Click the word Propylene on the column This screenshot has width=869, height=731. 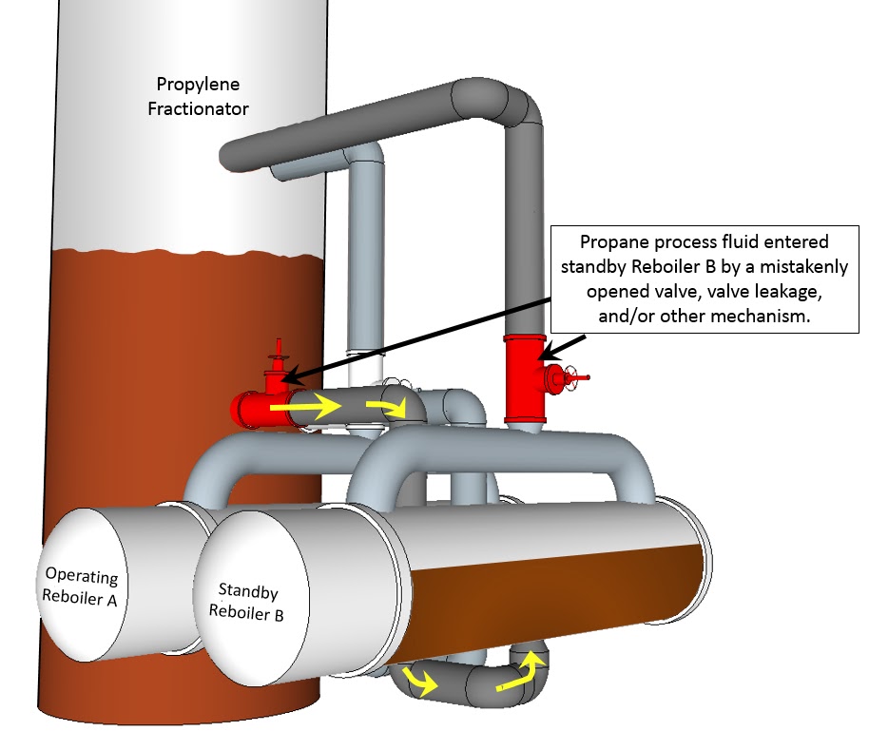coord(197,85)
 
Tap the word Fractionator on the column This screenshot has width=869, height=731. coord(197,108)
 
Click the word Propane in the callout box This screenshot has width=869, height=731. coord(617,242)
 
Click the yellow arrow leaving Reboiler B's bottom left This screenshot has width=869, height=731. coord(417,679)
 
